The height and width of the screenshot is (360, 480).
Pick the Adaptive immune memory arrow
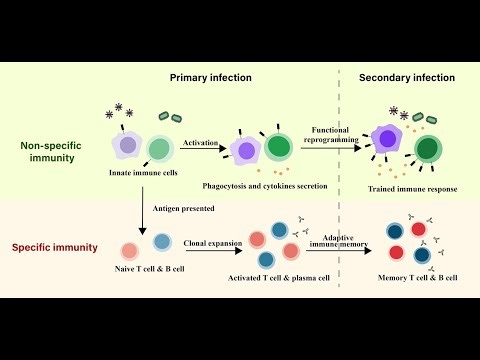tap(339, 248)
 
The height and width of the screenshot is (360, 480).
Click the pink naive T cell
tap(130, 251)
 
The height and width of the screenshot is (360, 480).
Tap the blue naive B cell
tap(162, 243)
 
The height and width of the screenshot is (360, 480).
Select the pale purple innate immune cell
tap(127, 146)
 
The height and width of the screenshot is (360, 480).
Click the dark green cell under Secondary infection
tap(429, 150)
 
